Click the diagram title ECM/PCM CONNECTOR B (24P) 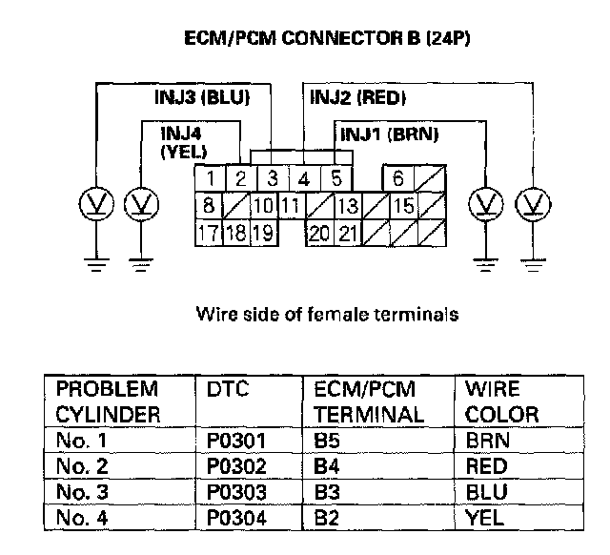click(x=329, y=41)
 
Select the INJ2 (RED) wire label click(x=357, y=97)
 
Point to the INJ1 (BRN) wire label click(x=389, y=134)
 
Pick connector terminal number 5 click(x=336, y=177)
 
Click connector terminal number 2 click(x=241, y=177)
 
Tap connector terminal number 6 click(x=397, y=177)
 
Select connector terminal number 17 click(x=208, y=233)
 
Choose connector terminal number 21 click(x=348, y=233)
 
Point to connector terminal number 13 click(x=348, y=205)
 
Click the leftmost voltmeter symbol click(x=94, y=203)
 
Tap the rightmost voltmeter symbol click(x=531, y=203)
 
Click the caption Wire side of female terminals click(x=327, y=314)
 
